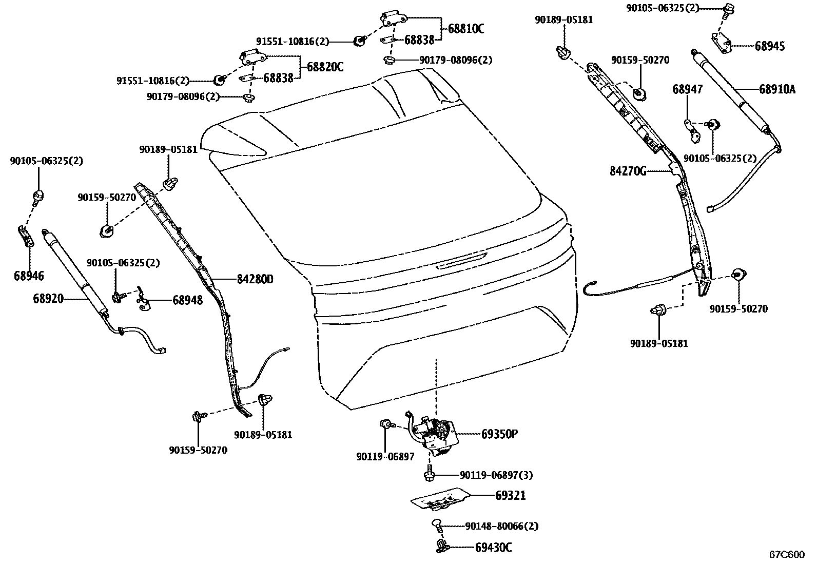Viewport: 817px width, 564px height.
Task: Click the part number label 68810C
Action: [x=466, y=28]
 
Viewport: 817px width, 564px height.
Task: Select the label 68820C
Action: [x=325, y=67]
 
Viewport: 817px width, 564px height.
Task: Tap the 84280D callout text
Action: [x=255, y=279]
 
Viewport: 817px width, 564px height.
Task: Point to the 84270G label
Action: [x=628, y=171]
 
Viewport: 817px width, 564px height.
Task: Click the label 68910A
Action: [x=777, y=89]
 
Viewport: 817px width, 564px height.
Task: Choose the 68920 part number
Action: [x=48, y=298]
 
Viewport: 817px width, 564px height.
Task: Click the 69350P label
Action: [x=499, y=434]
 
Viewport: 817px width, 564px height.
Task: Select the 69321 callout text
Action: [x=511, y=495]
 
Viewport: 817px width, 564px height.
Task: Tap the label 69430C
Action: [x=494, y=547]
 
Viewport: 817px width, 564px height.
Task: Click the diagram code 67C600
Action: [x=787, y=554]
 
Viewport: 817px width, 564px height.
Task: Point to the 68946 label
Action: [x=29, y=276]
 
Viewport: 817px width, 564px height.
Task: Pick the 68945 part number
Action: [x=770, y=46]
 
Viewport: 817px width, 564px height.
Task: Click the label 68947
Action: [x=688, y=89]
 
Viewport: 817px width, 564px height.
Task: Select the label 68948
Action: [x=187, y=300]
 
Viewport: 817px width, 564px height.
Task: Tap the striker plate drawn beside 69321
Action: [x=441, y=499]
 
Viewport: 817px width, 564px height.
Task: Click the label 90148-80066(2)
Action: [x=502, y=526]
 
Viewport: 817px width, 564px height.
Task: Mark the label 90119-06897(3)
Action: [x=496, y=475]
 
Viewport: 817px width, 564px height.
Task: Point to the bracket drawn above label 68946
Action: [x=26, y=237]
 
